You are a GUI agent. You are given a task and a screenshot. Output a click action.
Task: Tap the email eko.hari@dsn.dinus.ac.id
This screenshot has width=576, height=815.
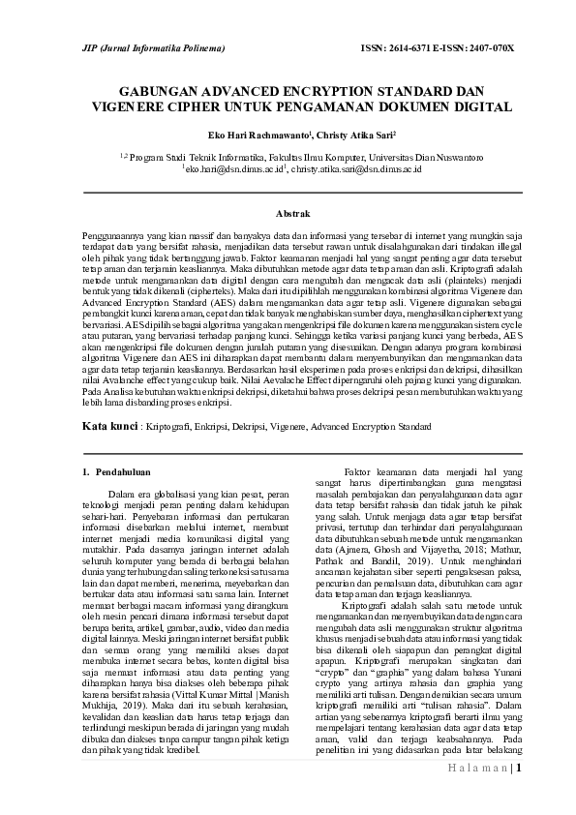[x=231, y=168]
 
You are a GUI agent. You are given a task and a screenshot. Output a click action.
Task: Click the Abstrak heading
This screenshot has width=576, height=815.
[x=293, y=211]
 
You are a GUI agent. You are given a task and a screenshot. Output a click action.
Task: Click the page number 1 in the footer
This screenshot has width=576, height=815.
[x=519, y=770]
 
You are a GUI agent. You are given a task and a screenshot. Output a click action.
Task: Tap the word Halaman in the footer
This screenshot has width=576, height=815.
[x=477, y=770]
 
